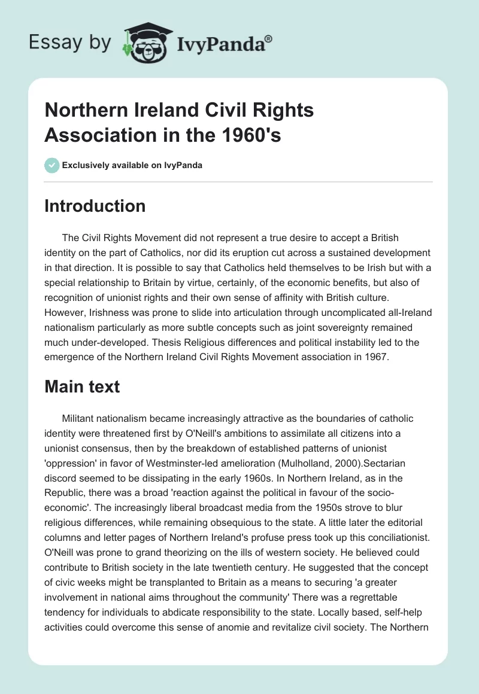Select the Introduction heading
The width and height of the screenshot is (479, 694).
pos(95,206)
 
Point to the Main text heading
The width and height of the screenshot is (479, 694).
pos(82,386)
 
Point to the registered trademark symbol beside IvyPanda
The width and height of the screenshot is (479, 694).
pos(269,39)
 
